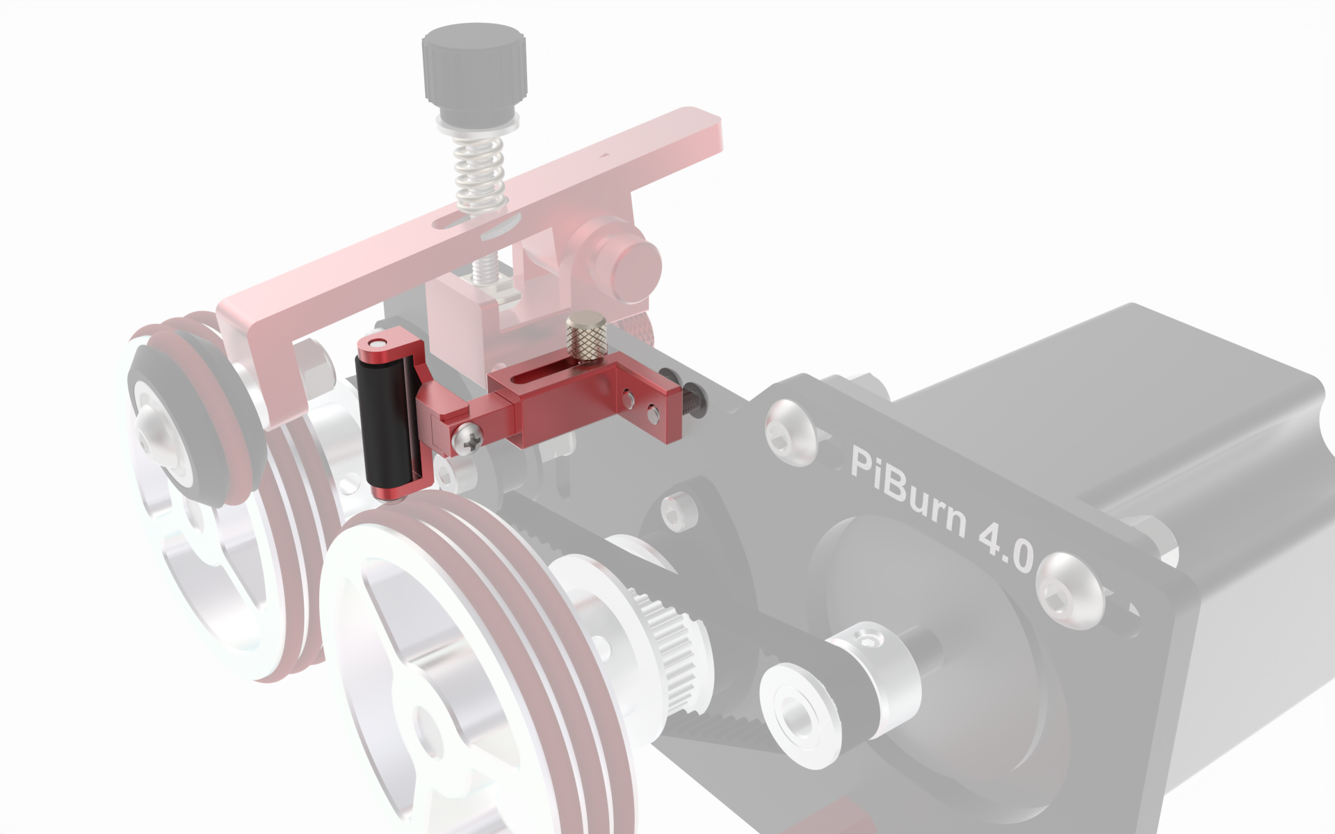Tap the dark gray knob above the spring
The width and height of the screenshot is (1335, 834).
pyautogui.click(x=474, y=69)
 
